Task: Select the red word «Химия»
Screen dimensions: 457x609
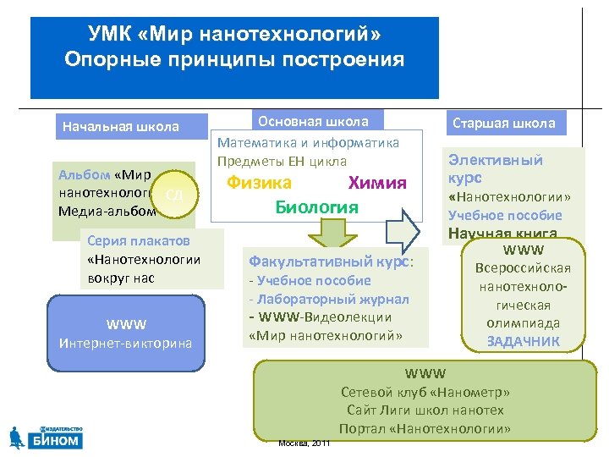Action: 377,184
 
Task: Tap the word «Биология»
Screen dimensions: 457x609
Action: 316,207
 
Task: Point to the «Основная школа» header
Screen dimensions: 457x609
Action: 313,122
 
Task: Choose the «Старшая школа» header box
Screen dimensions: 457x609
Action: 504,124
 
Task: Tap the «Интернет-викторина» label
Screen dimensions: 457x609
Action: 125,343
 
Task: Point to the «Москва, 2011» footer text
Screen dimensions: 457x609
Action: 304,443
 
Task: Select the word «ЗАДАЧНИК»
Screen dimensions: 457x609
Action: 523,342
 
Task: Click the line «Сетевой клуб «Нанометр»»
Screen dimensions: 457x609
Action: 425,392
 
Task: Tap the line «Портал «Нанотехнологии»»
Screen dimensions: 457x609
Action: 425,429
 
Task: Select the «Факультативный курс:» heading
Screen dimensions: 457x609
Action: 331,262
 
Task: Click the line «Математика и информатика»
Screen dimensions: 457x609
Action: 308,143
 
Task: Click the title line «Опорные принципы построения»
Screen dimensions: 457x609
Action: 234,60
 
